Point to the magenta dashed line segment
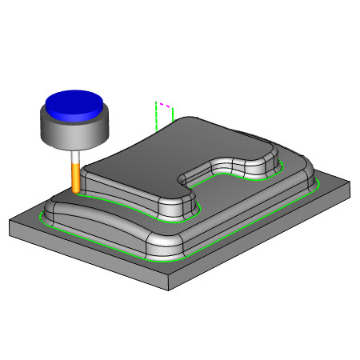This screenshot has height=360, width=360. coord(166,105)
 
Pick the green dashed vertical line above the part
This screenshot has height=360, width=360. coord(154,116)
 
